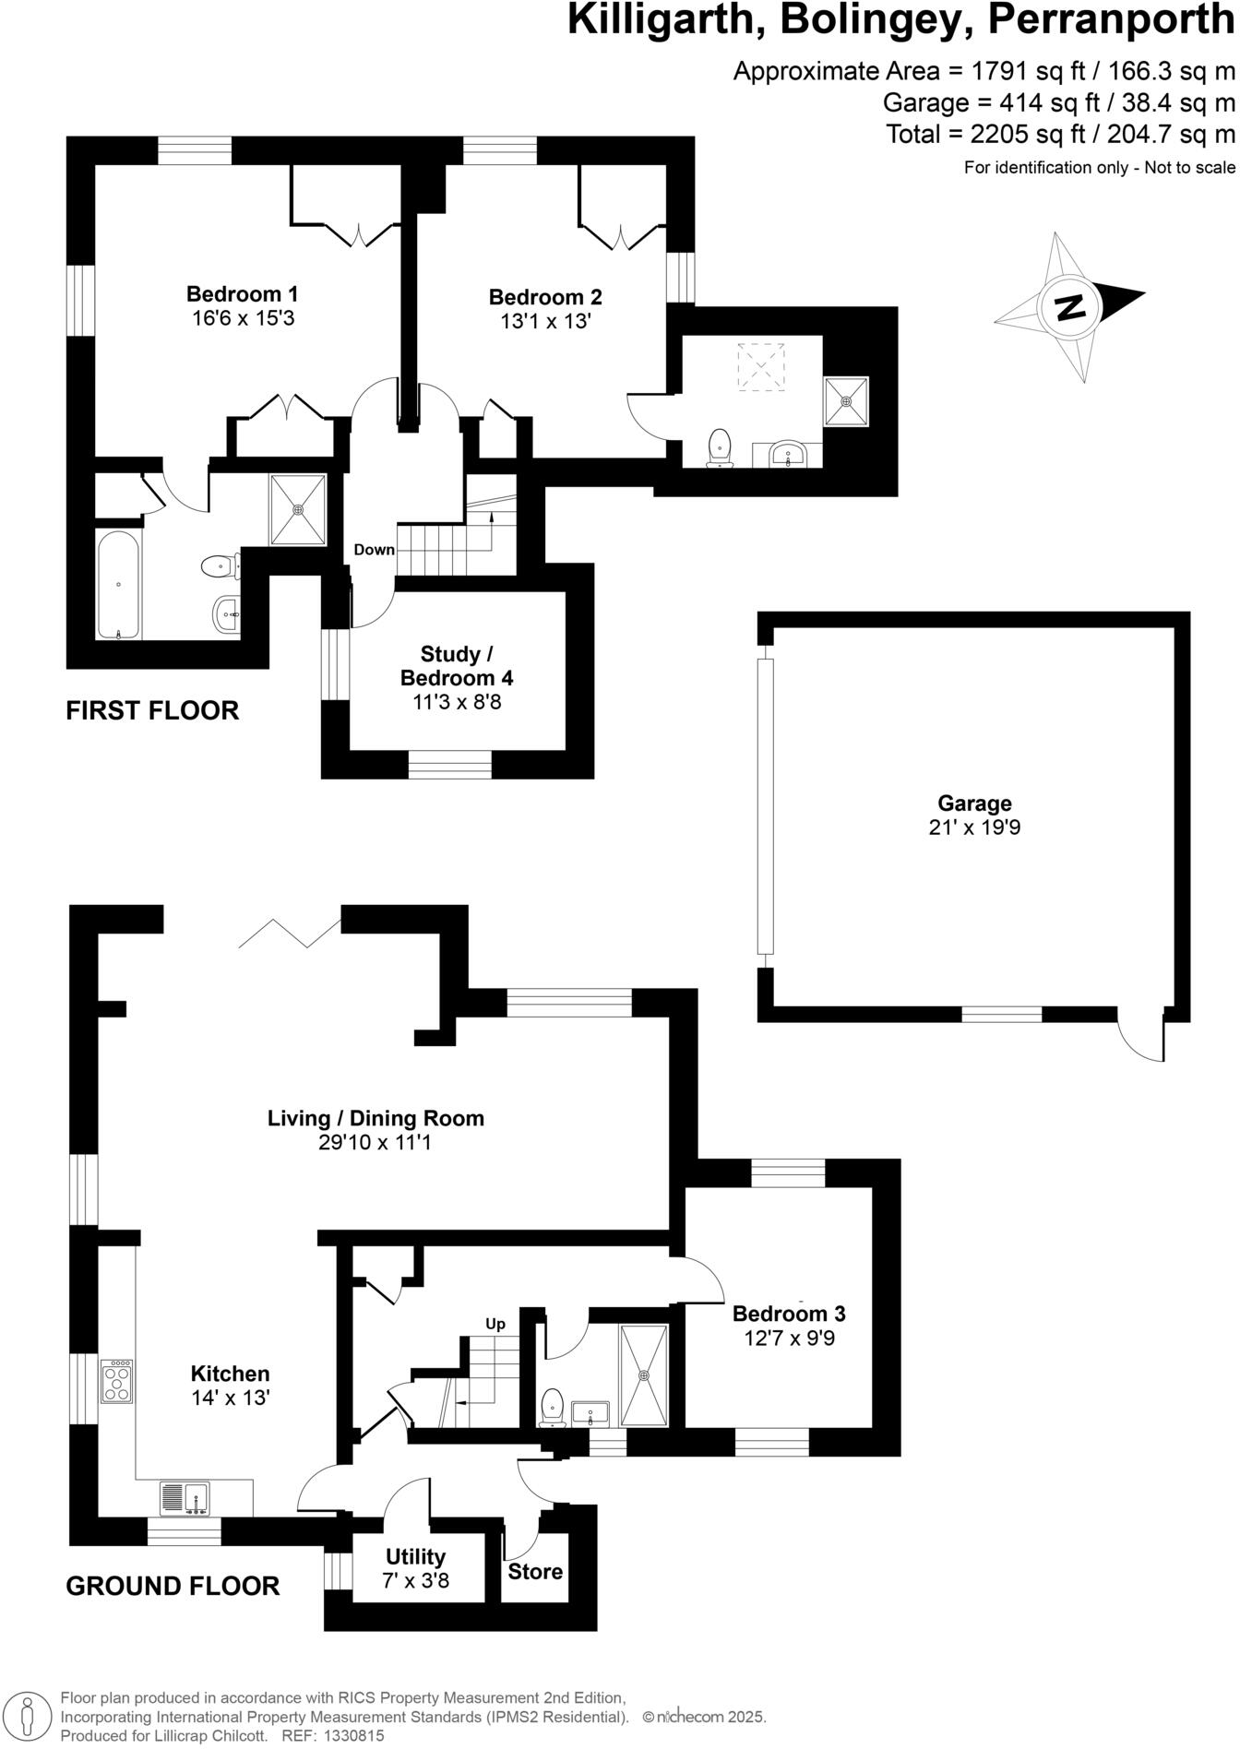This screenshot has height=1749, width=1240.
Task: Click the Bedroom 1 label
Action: coord(242,294)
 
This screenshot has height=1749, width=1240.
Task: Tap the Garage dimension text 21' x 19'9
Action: coord(974,827)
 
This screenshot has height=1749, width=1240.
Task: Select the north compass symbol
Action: coord(1070,306)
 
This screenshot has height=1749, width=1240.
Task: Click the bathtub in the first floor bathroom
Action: coord(119,585)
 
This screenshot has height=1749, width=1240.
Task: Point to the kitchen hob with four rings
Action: coord(117,1381)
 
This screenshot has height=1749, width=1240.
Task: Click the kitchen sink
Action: coord(185,1498)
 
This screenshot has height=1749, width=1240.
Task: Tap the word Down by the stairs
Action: coord(374,550)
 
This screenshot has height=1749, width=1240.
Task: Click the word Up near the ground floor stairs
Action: coord(495,1324)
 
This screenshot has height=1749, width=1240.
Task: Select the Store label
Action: coord(535,1571)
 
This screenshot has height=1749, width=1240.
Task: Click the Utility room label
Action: coord(415,1557)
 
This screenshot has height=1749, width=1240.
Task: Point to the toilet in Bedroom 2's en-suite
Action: coord(719,448)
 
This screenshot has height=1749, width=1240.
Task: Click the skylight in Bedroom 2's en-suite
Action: coord(761,366)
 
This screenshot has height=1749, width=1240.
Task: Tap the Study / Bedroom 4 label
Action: coord(457,666)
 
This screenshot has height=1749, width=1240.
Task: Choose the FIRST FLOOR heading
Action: coord(152,710)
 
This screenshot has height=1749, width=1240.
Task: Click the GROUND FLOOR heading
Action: coord(173,1586)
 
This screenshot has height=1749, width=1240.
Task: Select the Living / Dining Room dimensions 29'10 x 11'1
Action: coord(376,1143)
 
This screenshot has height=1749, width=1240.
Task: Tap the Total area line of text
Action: coord(1060,135)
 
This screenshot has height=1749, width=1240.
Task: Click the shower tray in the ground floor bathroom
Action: coord(645,1375)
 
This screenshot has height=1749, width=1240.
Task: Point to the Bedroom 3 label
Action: coord(789,1314)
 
